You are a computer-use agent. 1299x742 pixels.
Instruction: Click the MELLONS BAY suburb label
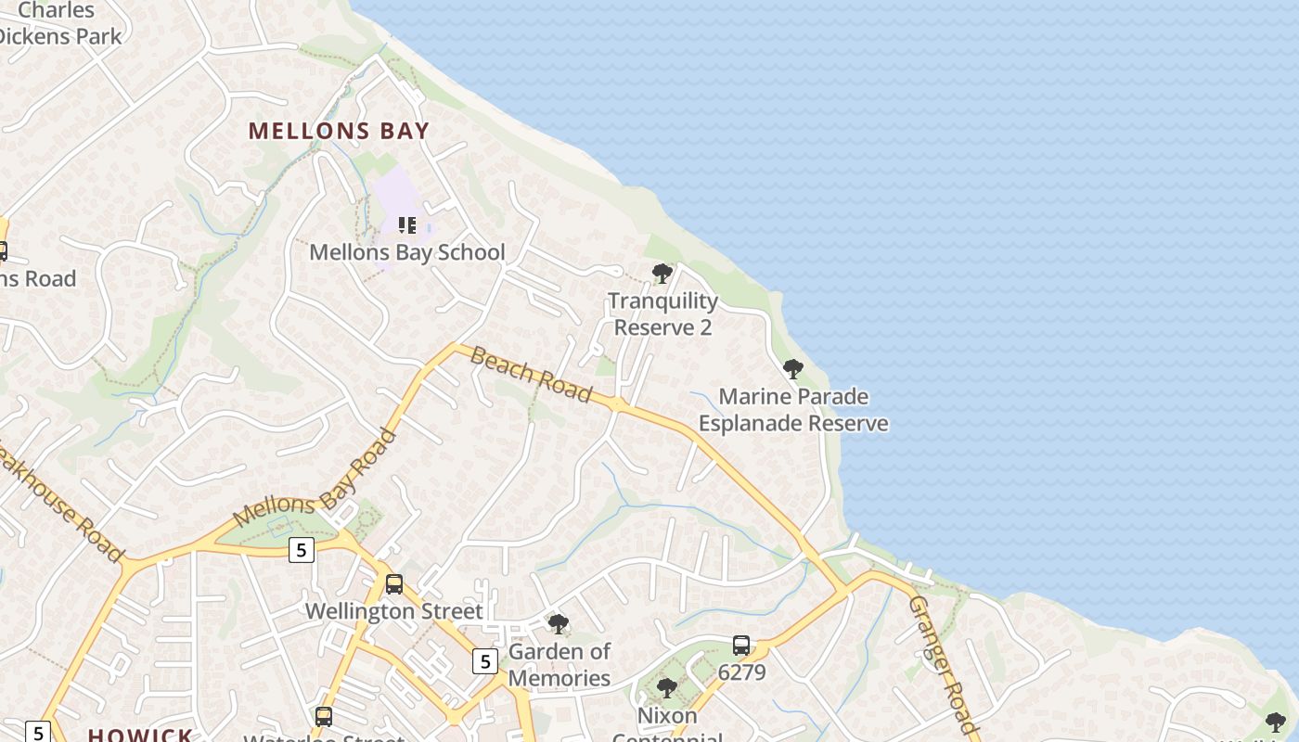pos(339,131)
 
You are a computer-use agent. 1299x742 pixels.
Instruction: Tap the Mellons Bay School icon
pos(406,225)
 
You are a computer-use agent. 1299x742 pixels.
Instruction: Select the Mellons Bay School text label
pos(406,252)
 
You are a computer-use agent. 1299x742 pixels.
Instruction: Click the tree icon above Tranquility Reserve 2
pos(662,274)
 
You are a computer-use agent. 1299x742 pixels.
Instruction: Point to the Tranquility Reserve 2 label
pos(662,314)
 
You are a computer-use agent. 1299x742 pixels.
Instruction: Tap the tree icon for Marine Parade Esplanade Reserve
pos(792,369)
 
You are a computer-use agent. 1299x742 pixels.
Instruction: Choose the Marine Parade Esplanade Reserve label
pos(793,410)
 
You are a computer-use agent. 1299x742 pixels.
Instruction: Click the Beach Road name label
pos(531,375)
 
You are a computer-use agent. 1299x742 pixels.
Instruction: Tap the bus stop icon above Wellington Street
pos(394,584)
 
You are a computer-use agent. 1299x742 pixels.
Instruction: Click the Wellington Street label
pos(394,612)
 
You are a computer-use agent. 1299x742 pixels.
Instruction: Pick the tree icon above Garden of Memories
pos(558,624)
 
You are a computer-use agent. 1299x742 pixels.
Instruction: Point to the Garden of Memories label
pos(559,665)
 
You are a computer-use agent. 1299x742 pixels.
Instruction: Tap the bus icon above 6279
pos(740,646)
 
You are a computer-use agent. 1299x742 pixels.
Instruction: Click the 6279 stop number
pos(741,672)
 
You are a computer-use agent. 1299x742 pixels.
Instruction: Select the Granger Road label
pos(943,664)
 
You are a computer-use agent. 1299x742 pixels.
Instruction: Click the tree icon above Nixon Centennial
pos(666,688)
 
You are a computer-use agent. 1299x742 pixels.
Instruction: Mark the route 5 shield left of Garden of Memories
pos(484,661)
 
